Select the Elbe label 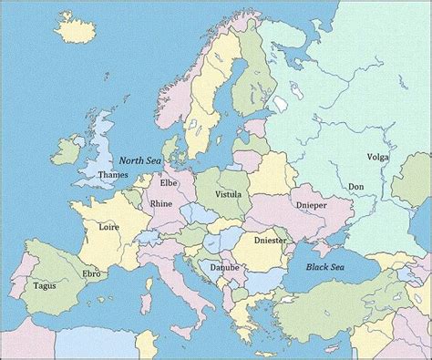click(170, 182)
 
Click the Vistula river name click(227, 195)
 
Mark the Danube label click(223, 268)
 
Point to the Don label click(356, 187)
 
